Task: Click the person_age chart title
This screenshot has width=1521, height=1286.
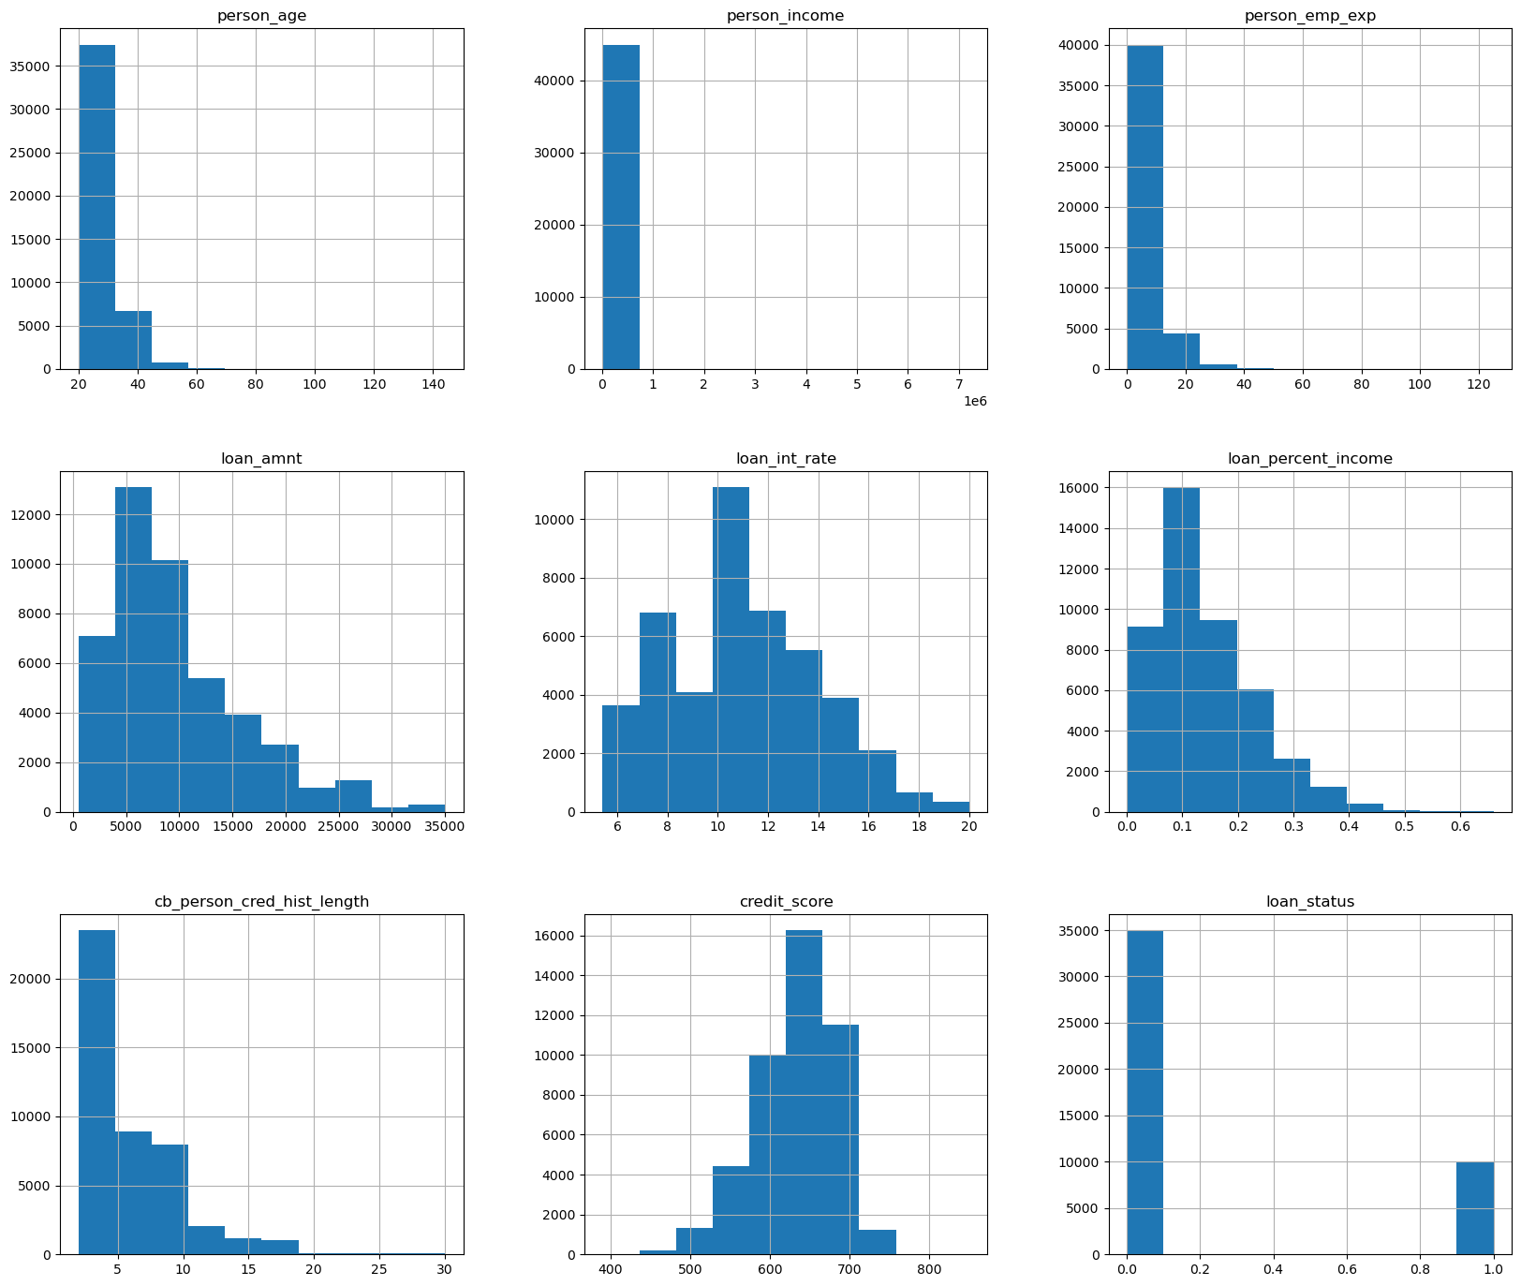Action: tap(261, 16)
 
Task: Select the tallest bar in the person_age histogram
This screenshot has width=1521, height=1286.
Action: tap(96, 206)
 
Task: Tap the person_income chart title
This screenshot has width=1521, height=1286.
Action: tap(785, 16)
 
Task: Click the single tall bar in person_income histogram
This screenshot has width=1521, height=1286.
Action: tap(620, 206)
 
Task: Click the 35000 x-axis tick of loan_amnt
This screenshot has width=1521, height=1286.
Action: tap(445, 826)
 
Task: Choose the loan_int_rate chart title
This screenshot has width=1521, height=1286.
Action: tap(785, 459)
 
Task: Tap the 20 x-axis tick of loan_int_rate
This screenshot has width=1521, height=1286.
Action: tap(969, 826)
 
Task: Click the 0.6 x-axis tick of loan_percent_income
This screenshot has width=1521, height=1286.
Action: tap(1460, 826)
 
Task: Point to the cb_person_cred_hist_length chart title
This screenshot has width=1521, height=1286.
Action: tap(261, 902)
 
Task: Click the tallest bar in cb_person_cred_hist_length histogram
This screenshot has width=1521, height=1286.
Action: tap(96, 1091)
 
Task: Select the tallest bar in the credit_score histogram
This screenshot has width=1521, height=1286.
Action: tap(804, 1091)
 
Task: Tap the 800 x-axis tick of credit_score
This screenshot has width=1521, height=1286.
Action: tap(929, 1269)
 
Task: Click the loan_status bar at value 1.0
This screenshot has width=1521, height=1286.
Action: tap(1475, 1207)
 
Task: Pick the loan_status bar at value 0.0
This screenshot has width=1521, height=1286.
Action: tap(1144, 1091)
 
